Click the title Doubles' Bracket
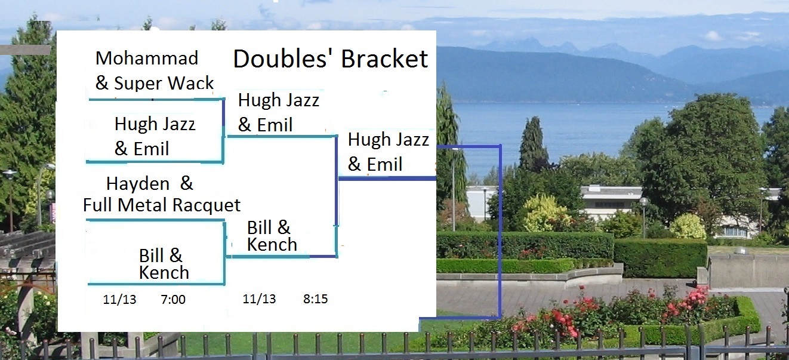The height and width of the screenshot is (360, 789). (331, 59)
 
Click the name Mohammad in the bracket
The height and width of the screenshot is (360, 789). (147, 58)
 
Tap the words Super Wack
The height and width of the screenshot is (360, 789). (164, 83)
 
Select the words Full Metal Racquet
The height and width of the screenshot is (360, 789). (162, 205)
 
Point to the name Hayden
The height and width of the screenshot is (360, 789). (138, 183)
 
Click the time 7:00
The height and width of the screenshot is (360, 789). (173, 300)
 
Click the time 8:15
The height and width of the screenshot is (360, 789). (316, 299)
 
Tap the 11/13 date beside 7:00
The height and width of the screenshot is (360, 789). (119, 300)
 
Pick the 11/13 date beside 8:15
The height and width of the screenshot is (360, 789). (259, 299)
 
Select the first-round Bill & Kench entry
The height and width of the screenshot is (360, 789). (164, 264)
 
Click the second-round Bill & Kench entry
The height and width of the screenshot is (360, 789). (272, 236)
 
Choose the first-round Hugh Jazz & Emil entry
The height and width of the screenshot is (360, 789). (155, 136)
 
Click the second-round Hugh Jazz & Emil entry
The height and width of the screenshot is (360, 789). (279, 112)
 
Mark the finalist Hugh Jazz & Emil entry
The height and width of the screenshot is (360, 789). (389, 152)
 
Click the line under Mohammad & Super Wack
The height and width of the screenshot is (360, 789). (156, 99)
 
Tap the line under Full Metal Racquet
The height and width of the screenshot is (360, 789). (155, 220)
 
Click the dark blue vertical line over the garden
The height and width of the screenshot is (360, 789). (500, 232)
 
